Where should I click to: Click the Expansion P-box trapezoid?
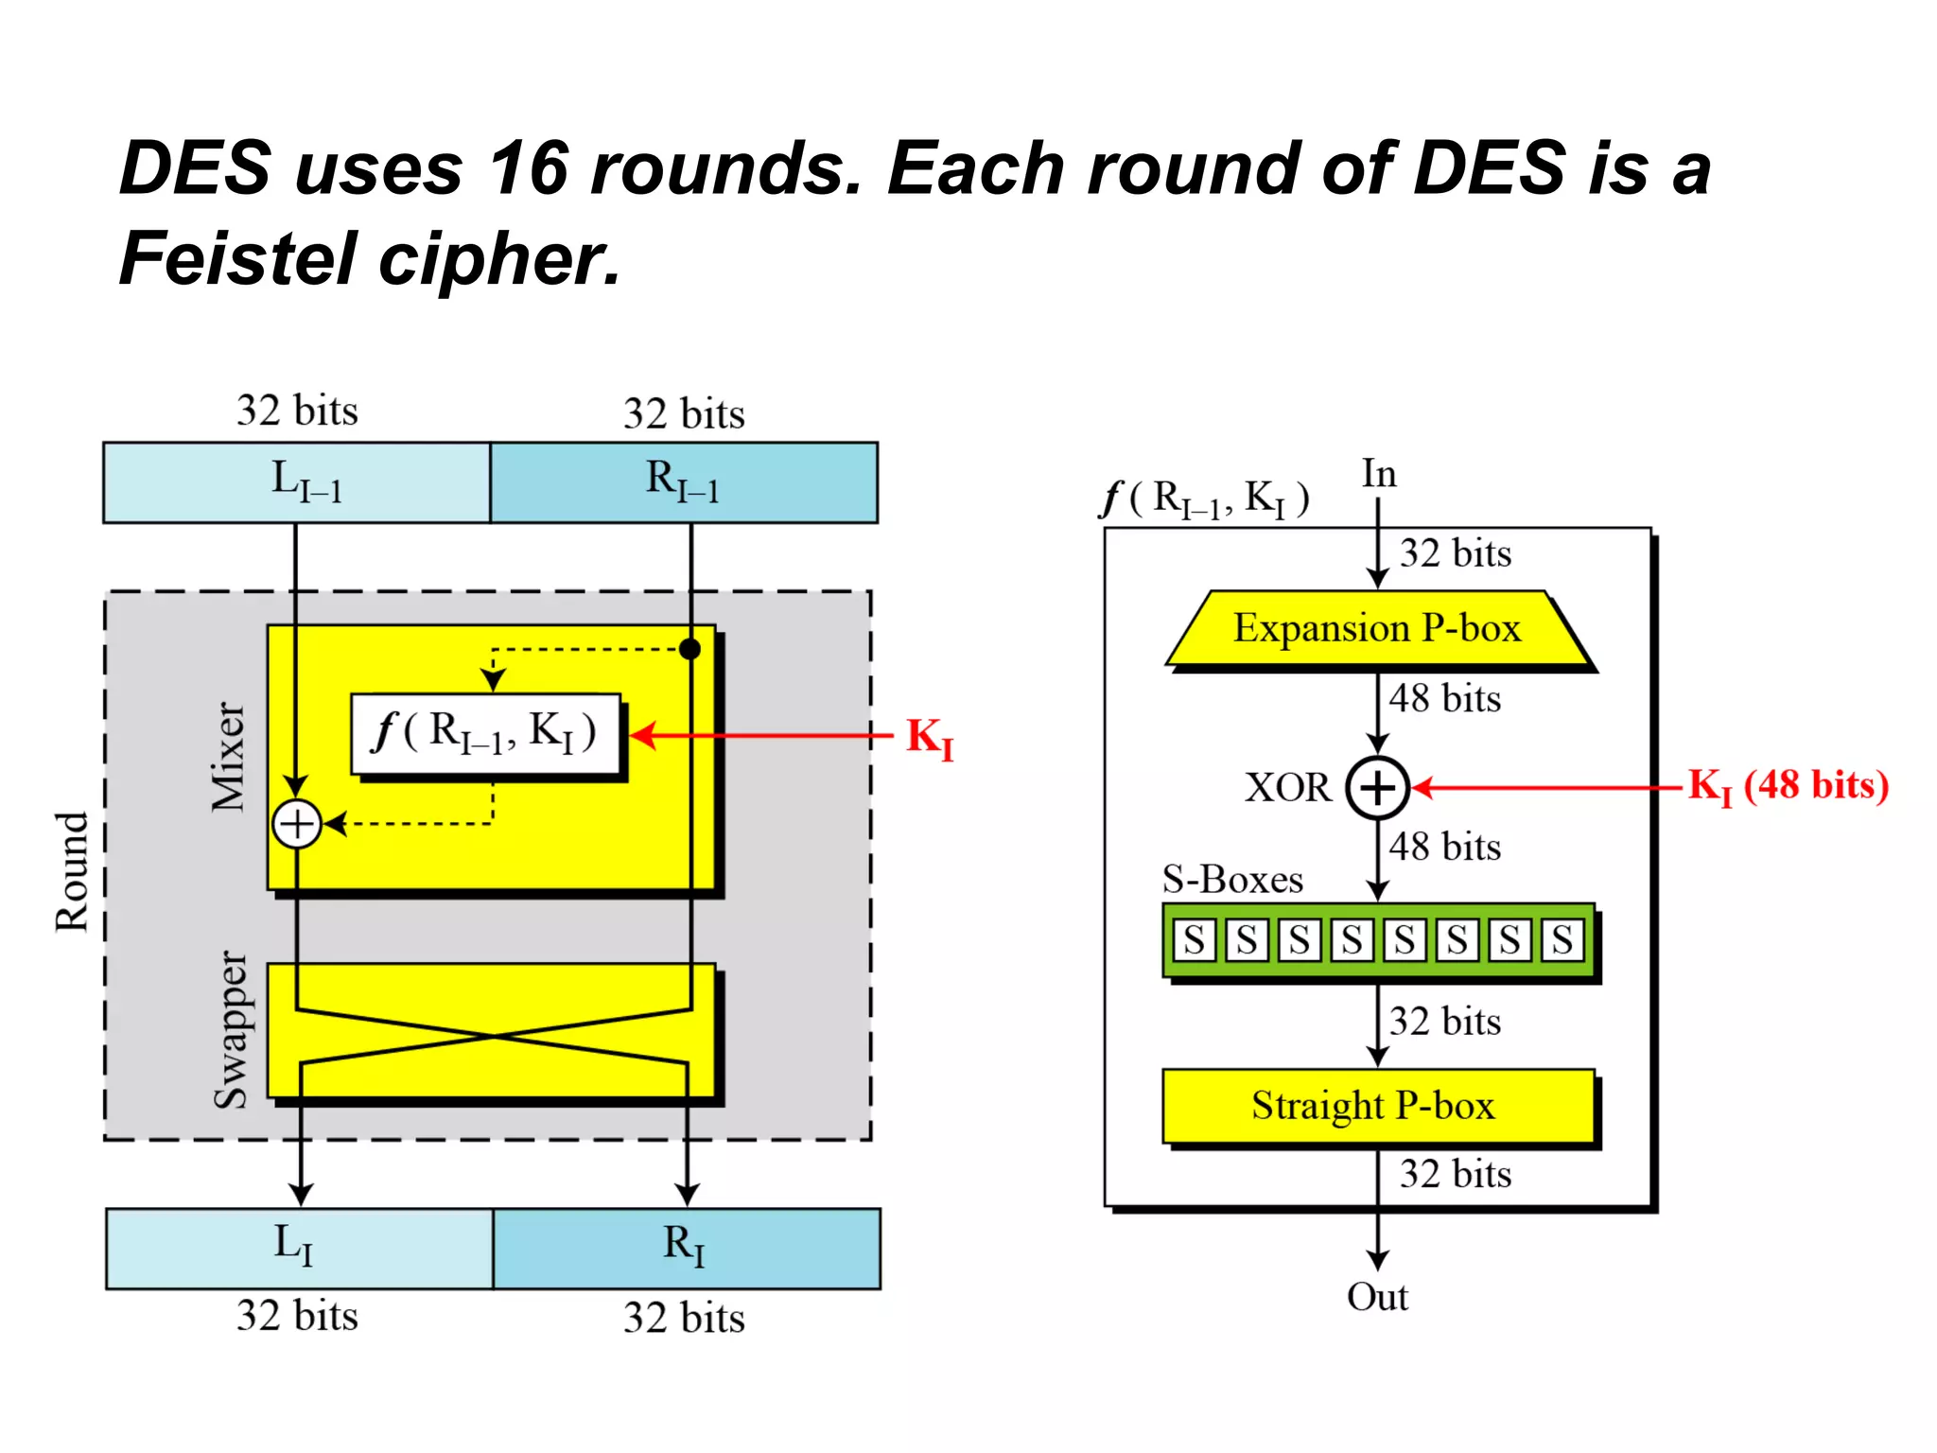[x=1379, y=629]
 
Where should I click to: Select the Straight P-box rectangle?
[x=1376, y=1106]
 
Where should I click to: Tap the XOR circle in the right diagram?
[x=1378, y=787]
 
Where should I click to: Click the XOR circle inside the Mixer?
[x=297, y=824]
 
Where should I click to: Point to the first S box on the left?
[x=1195, y=940]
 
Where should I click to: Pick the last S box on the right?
[x=1562, y=940]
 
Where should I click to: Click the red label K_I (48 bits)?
[x=1788, y=786]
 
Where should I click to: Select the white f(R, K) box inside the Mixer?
[x=485, y=734]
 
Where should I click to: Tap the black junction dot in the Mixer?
[x=690, y=649]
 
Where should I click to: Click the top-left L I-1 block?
[x=297, y=482]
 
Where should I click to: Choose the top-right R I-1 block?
[x=683, y=482]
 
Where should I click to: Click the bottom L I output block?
[x=299, y=1248]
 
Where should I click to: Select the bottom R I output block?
[x=687, y=1248]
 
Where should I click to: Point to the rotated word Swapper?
[x=230, y=1030]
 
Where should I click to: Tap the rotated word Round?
[x=72, y=871]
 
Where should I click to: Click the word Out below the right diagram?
[x=1377, y=1297]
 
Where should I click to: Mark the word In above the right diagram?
[x=1379, y=474]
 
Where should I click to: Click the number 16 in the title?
[x=528, y=168]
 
